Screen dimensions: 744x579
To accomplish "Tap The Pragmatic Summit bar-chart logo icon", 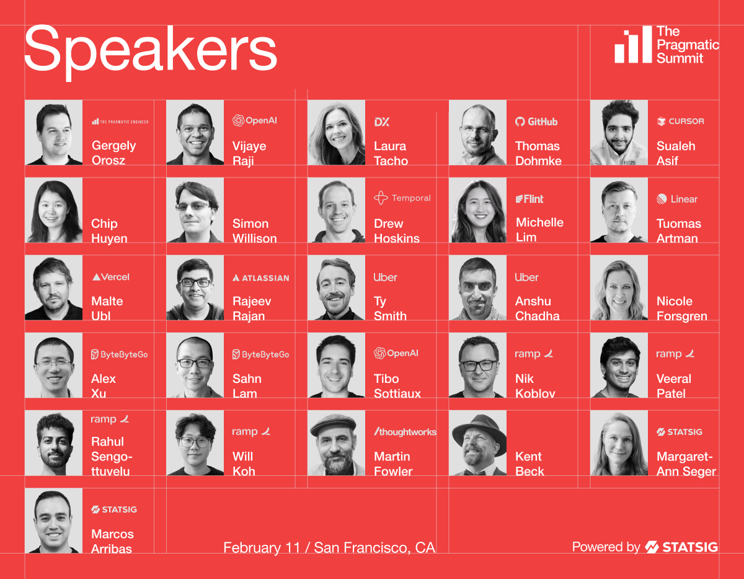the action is pos(633,45).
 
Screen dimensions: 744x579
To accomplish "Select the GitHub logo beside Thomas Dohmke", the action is pos(536,122).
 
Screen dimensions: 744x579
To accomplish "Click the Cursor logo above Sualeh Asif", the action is pos(680,121).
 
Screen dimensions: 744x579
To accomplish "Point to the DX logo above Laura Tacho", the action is pos(382,122).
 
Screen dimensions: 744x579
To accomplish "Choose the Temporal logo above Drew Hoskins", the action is pos(402,198).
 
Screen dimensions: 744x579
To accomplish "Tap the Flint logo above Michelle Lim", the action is pos(529,199).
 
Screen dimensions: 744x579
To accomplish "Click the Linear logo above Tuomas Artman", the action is pos(677,199).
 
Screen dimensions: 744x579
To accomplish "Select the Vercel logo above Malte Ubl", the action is pos(110,277).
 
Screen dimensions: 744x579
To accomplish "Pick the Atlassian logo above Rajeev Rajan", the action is pos(260,278).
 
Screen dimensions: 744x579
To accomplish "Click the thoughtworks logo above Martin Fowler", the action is pos(405,432).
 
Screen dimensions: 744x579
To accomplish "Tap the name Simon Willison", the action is pos(254,231).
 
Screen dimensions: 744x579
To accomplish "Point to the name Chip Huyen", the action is pos(109,231).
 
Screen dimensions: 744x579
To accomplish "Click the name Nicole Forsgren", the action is pos(681,308).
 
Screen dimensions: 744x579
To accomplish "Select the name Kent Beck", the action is pos(529,464).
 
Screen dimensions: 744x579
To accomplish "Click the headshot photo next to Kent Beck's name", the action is pos(477,442).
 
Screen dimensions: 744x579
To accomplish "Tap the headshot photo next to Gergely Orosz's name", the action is pos(54,133).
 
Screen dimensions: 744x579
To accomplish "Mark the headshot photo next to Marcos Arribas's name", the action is pos(54,521).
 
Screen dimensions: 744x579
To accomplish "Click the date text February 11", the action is pos(262,547).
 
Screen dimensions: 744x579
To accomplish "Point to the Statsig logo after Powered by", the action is pos(681,547).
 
